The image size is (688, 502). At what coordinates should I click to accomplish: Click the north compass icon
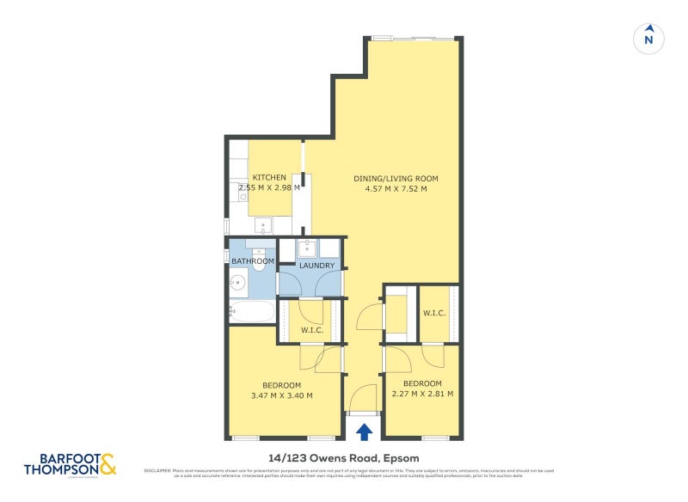[649, 38]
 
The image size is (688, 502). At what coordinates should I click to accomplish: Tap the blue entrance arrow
[365, 431]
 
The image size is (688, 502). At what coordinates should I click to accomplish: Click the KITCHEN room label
[269, 178]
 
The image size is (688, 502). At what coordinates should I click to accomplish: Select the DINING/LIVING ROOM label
[390, 179]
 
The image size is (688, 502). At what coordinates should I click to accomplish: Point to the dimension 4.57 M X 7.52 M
[390, 189]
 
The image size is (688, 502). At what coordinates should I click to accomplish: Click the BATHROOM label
[252, 261]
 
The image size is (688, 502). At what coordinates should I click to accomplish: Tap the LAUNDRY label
[316, 266]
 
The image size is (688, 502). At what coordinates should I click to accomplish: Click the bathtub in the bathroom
[252, 311]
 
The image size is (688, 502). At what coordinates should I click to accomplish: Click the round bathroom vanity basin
[238, 282]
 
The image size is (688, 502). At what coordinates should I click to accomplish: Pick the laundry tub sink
[308, 249]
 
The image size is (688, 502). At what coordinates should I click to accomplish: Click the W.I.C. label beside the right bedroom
[433, 313]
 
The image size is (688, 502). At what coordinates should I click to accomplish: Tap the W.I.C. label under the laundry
[310, 331]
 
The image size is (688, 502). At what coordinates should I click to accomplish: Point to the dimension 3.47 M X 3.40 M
[281, 395]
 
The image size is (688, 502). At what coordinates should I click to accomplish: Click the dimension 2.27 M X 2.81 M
[421, 394]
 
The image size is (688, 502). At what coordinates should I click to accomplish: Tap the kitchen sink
[264, 226]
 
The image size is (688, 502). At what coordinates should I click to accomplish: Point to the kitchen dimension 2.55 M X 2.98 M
[269, 187]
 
